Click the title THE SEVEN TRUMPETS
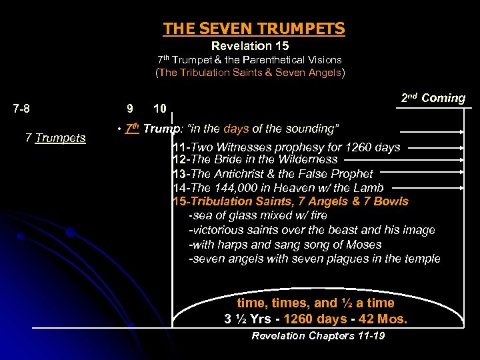[254, 29]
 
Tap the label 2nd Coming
[433, 98]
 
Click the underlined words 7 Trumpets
[55, 138]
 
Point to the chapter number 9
[129, 108]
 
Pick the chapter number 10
[160, 108]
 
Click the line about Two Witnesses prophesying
[287, 147]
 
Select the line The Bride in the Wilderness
[255, 159]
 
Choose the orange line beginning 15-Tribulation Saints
[291, 201]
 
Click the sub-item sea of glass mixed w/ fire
[258, 216]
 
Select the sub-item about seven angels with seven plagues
[315, 259]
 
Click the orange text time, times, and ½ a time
[316, 303]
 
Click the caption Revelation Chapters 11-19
[318, 335]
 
